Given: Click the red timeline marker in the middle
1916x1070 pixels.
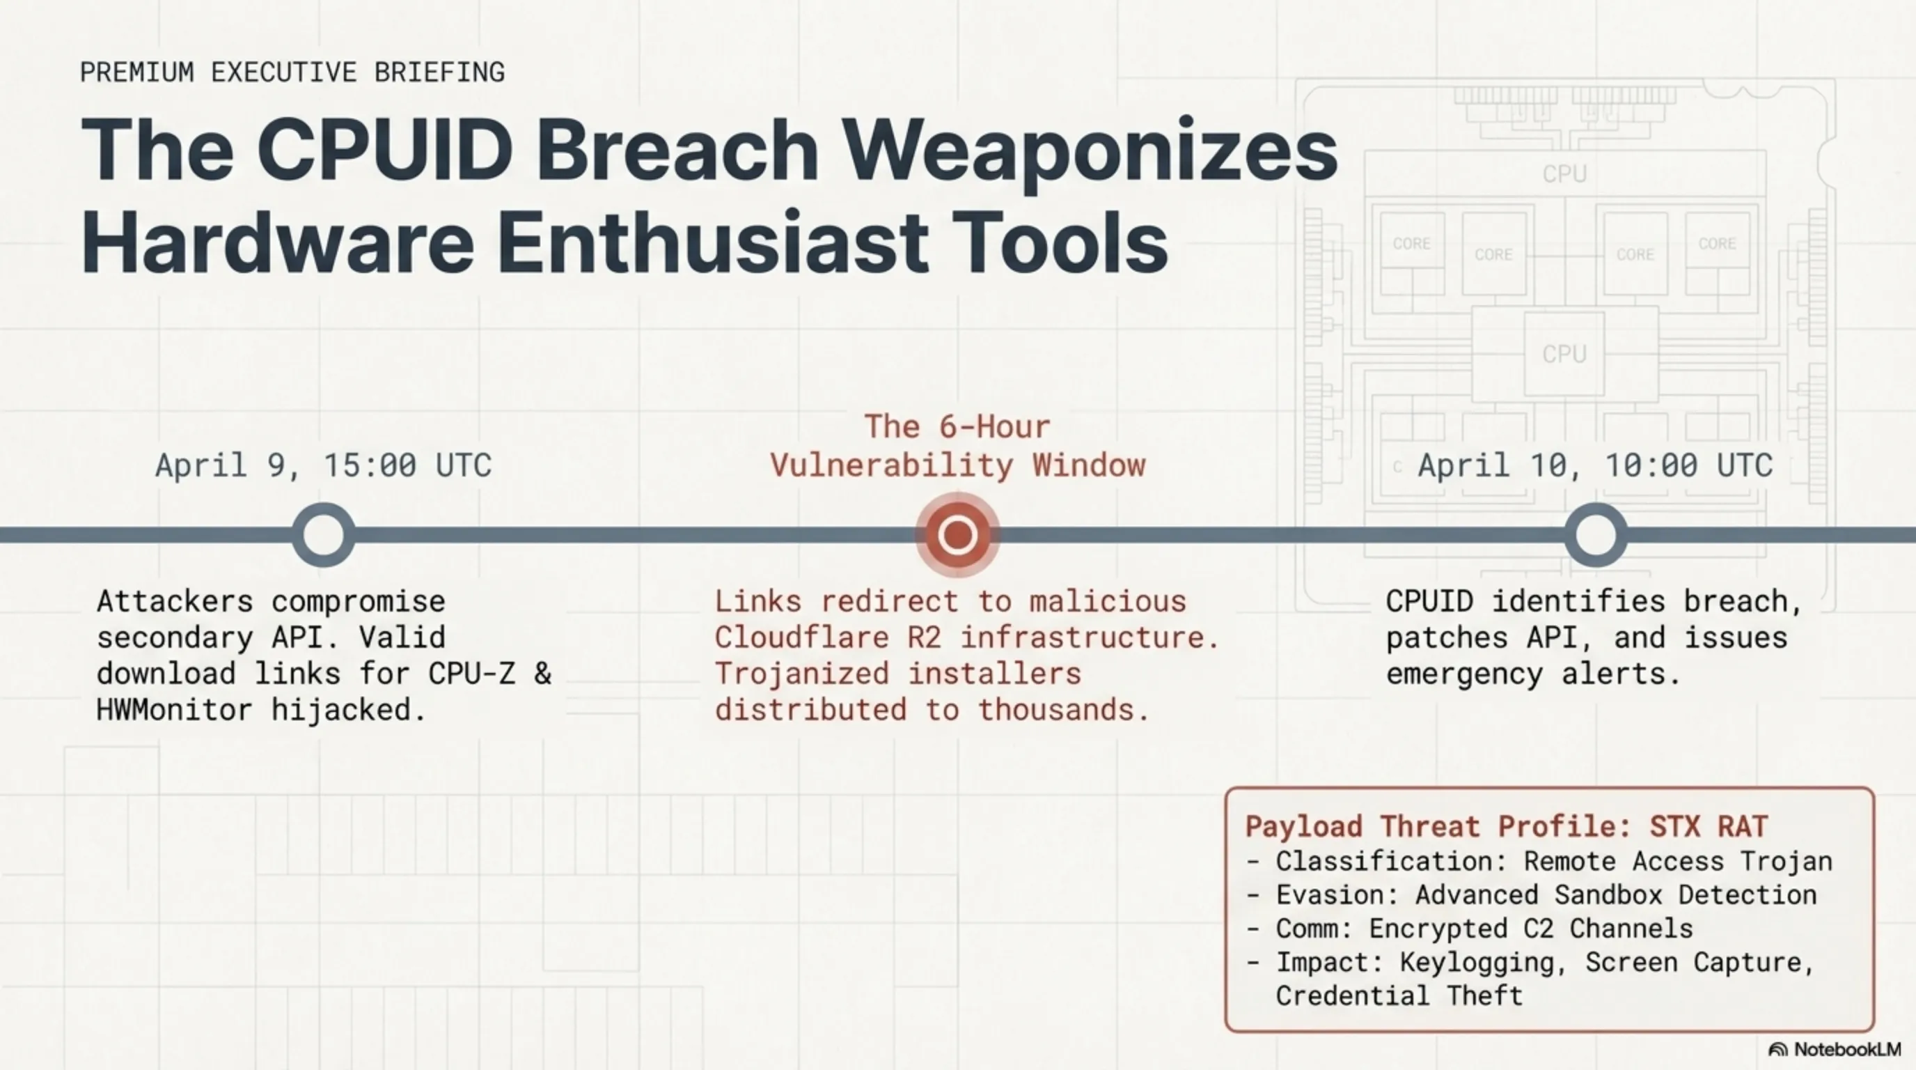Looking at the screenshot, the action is click(957, 534).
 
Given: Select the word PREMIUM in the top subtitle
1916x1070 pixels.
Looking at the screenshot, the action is click(137, 72).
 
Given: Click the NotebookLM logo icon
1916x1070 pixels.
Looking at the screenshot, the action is click(1777, 1049).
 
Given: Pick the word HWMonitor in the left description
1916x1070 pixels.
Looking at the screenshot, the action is click(174, 710).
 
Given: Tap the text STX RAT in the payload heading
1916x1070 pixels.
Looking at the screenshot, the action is click(1709, 827).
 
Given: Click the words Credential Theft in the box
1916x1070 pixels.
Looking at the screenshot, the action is click(1399, 995).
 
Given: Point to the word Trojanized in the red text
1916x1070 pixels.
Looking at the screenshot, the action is click(802, 674).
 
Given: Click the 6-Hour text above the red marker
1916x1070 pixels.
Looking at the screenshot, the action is click(994, 427).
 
